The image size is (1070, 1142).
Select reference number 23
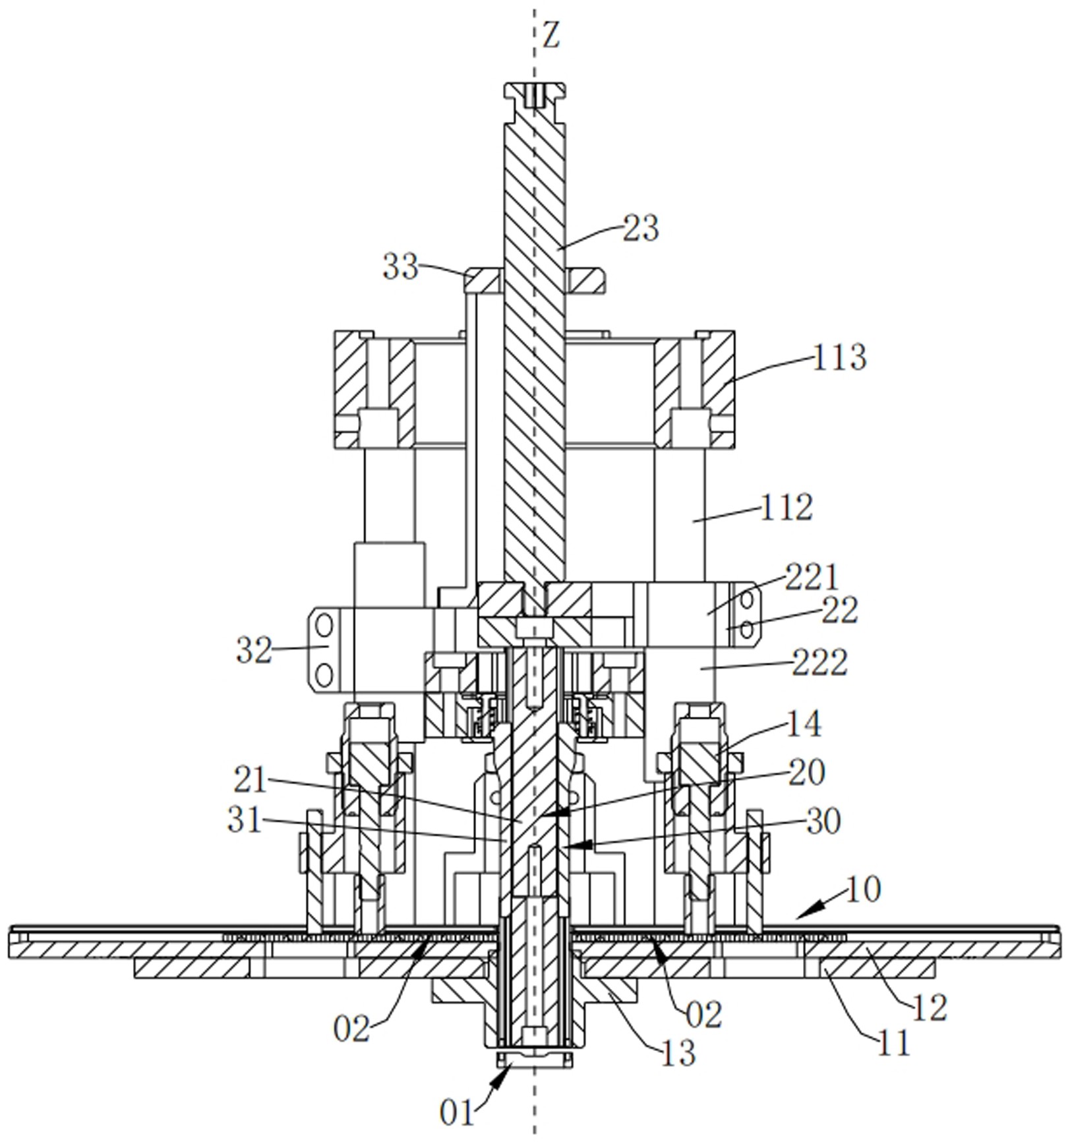[x=641, y=229]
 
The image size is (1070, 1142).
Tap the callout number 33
[x=401, y=267]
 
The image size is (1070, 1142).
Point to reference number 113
[x=839, y=357]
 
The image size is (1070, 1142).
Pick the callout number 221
[x=812, y=578]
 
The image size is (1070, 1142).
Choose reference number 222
[x=819, y=663]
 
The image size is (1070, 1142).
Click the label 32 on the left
[x=254, y=651]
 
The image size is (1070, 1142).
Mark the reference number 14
[x=804, y=724]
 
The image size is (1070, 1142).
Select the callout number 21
[x=251, y=780]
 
